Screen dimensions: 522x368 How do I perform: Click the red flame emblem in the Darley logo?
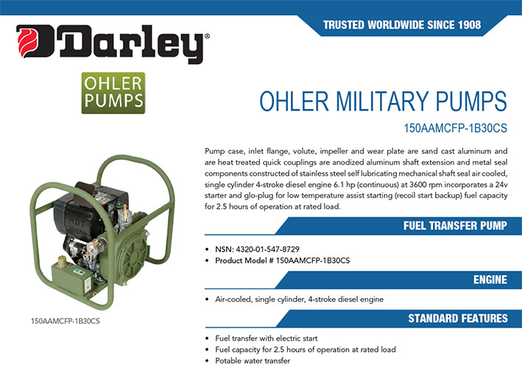(x=28, y=42)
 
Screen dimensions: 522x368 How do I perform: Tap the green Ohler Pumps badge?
(x=113, y=93)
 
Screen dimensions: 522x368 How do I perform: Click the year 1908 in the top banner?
(x=470, y=24)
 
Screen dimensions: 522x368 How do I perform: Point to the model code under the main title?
(x=456, y=128)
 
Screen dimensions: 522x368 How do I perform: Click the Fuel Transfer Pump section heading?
(x=455, y=226)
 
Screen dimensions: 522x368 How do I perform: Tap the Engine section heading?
(x=490, y=280)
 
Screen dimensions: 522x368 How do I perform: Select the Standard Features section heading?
(x=458, y=318)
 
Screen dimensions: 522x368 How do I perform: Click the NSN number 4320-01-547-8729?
(x=268, y=250)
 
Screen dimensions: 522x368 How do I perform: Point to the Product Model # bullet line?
(x=282, y=261)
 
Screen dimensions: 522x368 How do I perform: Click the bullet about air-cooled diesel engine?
(x=299, y=299)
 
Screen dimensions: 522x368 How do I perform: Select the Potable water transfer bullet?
(x=253, y=361)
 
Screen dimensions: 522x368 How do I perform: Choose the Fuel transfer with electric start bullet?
(x=267, y=339)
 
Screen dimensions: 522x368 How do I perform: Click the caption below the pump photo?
(x=66, y=321)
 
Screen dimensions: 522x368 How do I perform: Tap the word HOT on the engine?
(x=76, y=222)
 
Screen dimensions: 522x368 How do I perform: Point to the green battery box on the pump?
(x=71, y=280)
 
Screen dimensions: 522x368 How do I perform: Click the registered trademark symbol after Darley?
(x=207, y=36)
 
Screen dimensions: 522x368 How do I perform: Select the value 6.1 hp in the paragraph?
(x=342, y=185)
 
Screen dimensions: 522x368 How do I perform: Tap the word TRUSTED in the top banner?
(x=344, y=24)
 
